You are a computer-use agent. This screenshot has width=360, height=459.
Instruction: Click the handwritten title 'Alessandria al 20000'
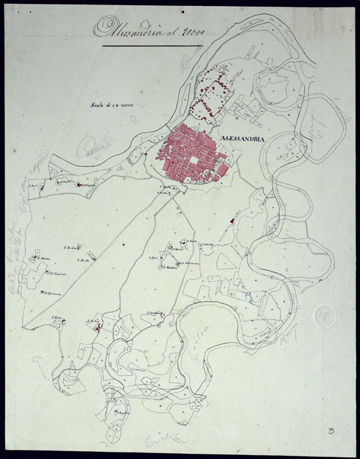tap(149, 27)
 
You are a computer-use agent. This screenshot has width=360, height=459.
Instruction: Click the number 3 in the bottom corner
tap(334, 431)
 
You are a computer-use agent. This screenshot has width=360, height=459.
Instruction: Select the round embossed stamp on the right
tap(324, 318)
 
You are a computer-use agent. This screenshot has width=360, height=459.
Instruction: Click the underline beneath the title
tap(153, 46)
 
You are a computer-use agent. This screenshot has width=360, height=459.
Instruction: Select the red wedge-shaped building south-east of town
tap(230, 223)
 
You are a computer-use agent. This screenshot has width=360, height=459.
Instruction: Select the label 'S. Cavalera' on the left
tap(44, 259)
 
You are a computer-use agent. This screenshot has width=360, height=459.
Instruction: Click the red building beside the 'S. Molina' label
tap(97, 329)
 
